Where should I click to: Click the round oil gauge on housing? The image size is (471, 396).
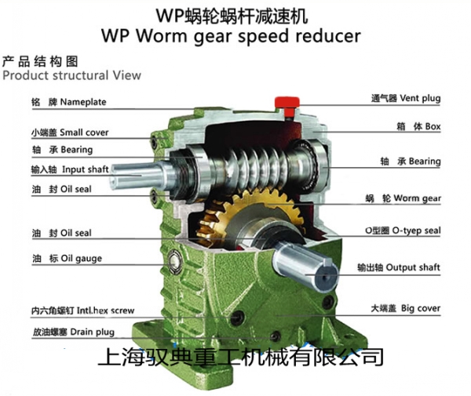click(x=180, y=256)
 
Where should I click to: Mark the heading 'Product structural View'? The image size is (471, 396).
click(x=71, y=75)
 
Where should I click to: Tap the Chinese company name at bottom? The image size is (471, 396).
click(x=239, y=358)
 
